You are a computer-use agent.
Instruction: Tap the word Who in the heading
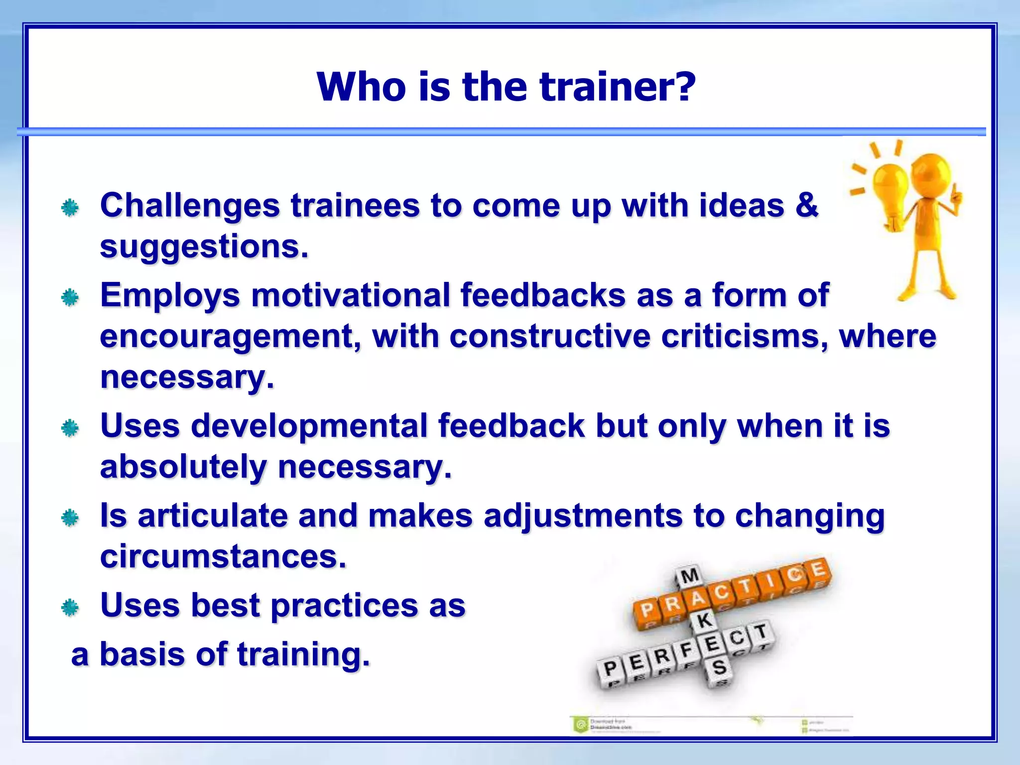[x=361, y=87]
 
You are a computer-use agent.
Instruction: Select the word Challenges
[x=190, y=206]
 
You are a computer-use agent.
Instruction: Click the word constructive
[x=550, y=336]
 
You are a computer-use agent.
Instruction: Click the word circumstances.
[x=223, y=556]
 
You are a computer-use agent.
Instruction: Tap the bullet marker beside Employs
[x=70, y=298]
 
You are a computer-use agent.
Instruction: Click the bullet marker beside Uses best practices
[x=70, y=608]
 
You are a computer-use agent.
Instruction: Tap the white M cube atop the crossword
[x=690, y=576]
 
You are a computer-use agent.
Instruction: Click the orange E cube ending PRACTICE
[x=817, y=569]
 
